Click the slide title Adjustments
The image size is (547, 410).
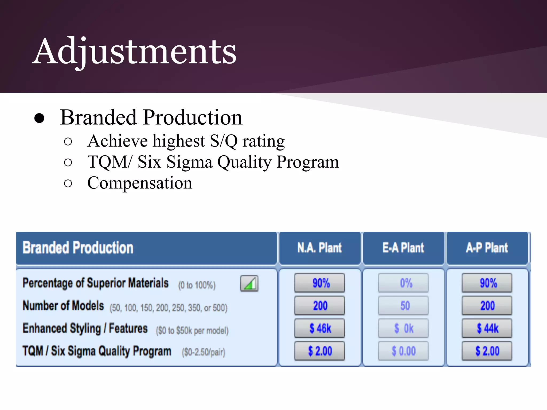(134, 51)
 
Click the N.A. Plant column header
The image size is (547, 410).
(319, 248)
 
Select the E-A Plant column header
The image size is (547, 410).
(403, 248)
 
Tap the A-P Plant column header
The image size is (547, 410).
(487, 248)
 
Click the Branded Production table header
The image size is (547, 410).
(78, 248)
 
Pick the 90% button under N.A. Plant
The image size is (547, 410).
(319, 283)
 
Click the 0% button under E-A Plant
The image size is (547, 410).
(403, 283)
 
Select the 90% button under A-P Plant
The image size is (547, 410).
(487, 283)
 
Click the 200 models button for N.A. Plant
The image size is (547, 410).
(319, 306)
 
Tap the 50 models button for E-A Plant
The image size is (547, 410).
(403, 306)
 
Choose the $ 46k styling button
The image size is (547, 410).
(319, 328)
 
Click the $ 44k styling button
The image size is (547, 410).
(487, 328)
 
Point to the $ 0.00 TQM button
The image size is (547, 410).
(403, 351)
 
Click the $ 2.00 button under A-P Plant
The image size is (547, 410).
(487, 351)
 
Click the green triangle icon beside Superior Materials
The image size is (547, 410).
(249, 283)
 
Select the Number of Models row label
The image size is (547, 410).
(63, 306)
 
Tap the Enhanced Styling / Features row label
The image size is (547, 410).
(85, 329)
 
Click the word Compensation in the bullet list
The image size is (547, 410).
(140, 183)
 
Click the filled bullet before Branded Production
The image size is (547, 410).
(39, 118)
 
